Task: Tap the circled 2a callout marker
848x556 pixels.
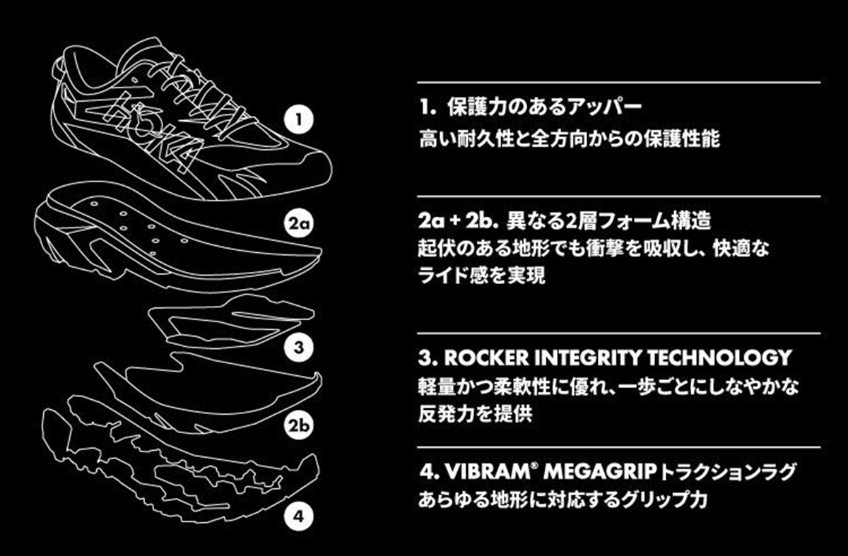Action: click(300, 225)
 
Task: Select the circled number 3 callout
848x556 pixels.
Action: click(300, 347)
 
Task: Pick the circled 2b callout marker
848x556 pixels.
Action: click(300, 427)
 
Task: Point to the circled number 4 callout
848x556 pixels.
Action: click(300, 516)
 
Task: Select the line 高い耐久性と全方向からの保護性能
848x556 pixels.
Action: click(569, 138)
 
